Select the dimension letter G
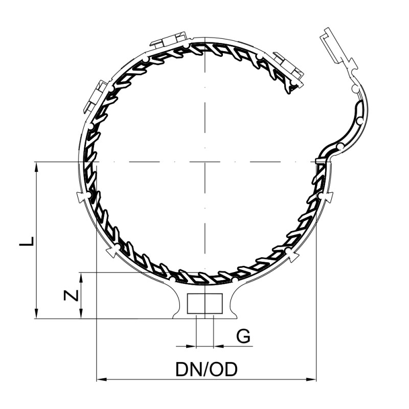244,336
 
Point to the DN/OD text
207,369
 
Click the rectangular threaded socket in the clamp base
204,304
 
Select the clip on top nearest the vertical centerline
169,40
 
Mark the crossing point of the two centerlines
204,163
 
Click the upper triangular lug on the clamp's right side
329,196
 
